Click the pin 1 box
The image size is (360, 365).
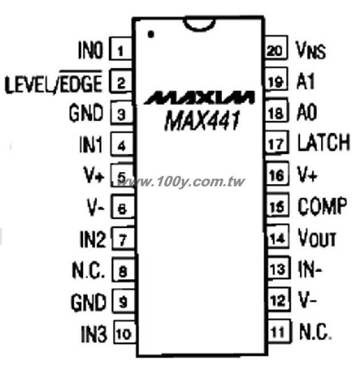tap(121, 48)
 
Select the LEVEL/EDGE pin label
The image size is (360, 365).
tap(54, 82)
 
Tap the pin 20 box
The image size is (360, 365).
tap(276, 47)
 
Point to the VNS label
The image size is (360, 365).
tap(310, 50)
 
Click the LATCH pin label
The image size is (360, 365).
tap(323, 142)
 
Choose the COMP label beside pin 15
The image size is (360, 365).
tap(322, 205)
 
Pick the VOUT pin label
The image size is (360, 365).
tap(317, 237)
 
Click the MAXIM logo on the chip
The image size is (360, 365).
tap(199, 98)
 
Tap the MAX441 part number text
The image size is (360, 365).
tap(202, 120)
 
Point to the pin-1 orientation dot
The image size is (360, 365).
tap(151, 34)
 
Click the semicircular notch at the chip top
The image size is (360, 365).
tap(199, 25)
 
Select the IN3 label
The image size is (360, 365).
tap(94, 334)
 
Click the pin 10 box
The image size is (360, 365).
tap(124, 332)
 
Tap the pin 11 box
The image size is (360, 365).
tap(279, 331)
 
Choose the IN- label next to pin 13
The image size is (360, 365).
tap(310, 269)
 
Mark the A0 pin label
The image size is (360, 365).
tap(306, 112)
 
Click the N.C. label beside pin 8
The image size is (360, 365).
tap(88, 270)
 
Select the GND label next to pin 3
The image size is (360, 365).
tap(86, 113)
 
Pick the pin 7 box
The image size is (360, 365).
tap(123, 238)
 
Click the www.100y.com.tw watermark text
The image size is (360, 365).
tap(181, 182)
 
